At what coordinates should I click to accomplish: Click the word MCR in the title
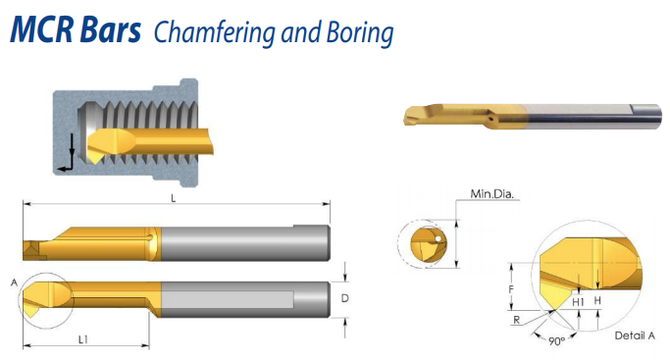point(43,29)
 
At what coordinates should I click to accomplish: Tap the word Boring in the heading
point(360,33)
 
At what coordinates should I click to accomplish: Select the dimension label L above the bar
point(173,198)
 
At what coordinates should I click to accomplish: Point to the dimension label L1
point(83,339)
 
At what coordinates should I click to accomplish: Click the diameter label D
point(345,298)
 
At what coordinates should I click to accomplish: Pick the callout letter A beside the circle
point(14,283)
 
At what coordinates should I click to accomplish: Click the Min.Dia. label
point(491,194)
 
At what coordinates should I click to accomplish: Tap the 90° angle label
point(556,341)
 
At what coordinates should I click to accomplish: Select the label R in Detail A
point(517,320)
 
